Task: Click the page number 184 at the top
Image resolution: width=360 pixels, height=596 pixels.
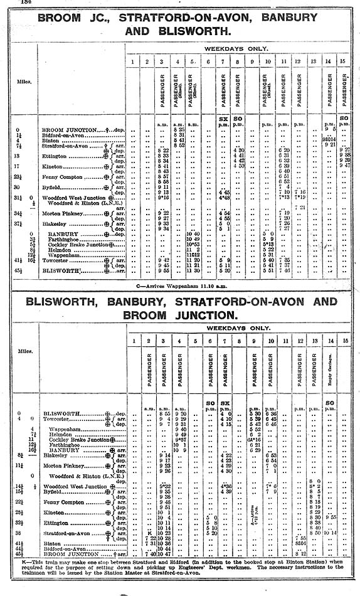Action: [x=26, y=3]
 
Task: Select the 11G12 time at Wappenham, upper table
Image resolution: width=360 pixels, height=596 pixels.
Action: [x=193, y=255]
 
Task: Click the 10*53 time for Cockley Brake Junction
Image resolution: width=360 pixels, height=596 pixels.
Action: [x=193, y=244]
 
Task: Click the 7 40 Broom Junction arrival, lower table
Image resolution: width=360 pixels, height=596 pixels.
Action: [x=150, y=554]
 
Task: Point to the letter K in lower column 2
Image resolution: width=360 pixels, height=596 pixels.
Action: [x=147, y=533]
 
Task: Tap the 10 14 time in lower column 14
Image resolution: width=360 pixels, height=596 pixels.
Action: [x=330, y=533]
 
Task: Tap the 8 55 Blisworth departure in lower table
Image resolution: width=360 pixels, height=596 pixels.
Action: [x=165, y=413]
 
